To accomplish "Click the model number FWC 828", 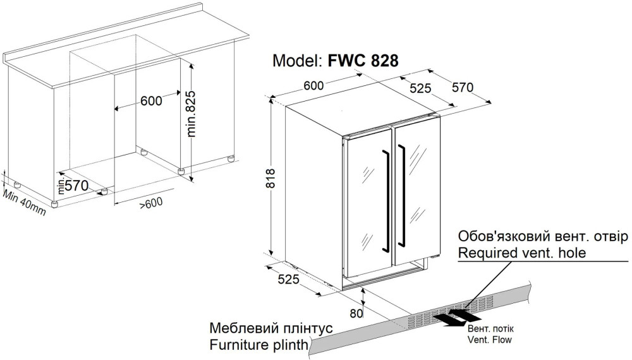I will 363,61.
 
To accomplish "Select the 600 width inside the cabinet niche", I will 151,100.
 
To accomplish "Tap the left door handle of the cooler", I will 384,197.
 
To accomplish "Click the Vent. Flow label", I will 489,340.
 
